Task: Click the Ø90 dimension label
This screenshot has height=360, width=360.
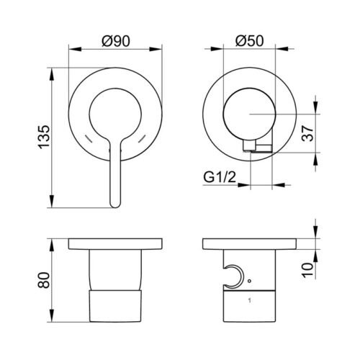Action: click(116, 41)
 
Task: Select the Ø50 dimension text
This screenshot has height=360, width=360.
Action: click(249, 41)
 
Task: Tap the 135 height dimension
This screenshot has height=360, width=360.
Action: click(45, 138)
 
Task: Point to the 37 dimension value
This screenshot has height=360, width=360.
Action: click(307, 133)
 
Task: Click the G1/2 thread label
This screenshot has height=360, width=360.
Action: click(220, 178)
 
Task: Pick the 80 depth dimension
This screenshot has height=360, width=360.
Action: click(45, 280)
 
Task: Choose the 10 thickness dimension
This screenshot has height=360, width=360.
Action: click(307, 270)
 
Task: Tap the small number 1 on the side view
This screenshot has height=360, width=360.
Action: click(250, 300)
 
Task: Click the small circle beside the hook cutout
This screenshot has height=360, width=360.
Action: click(249, 280)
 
